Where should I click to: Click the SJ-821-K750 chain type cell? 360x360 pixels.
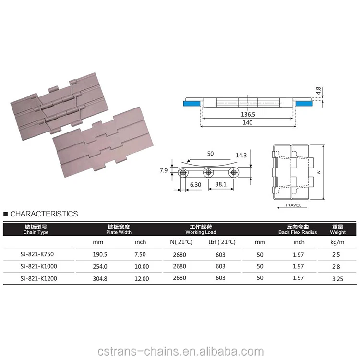click(x=36, y=254)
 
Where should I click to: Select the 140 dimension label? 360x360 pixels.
click(x=248, y=122)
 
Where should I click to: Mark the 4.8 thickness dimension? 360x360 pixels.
click(x=318, y=91)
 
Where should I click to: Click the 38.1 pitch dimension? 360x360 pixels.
click(x=221, y=184)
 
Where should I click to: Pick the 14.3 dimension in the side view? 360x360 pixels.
click(x=242, y=156)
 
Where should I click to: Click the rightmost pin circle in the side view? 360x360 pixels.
click(x=234, y=173)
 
